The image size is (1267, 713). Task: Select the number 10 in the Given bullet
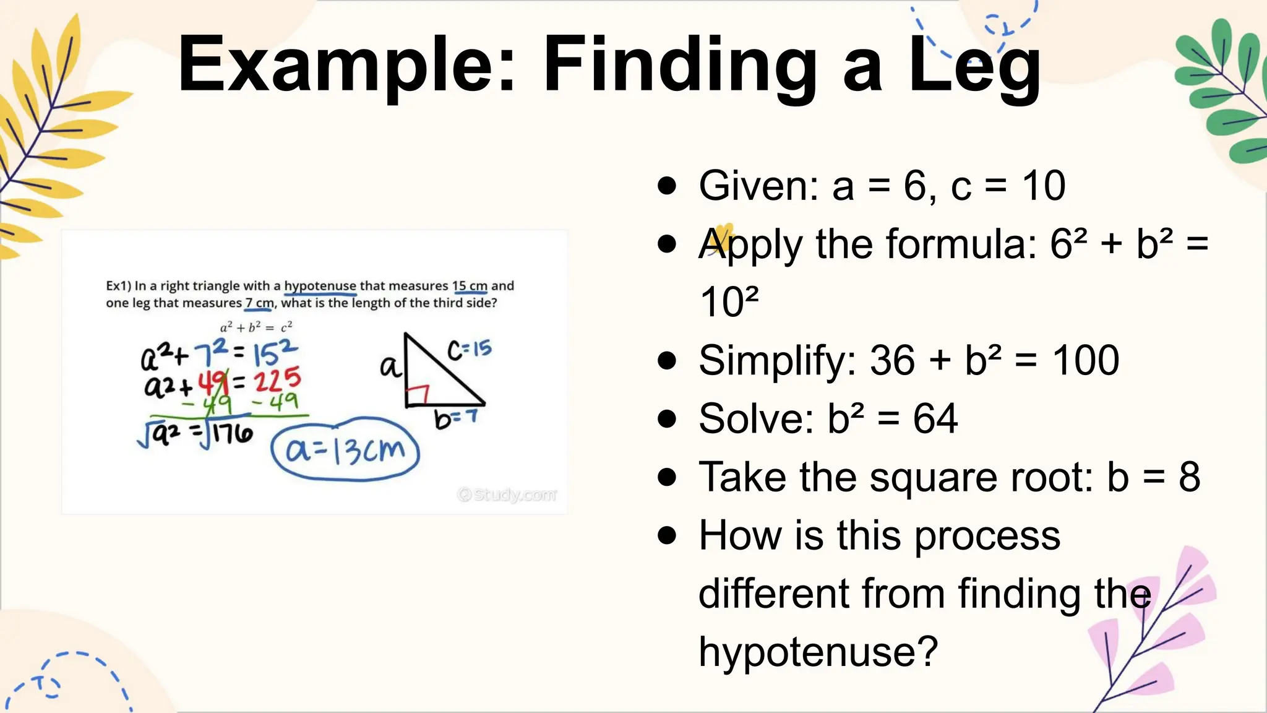[1044, 185]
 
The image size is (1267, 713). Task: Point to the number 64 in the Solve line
[935, 419]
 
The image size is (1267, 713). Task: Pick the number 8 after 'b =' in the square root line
[1189, 477]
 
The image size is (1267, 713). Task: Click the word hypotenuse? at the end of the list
[818, 652]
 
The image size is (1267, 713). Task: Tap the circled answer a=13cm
[345, 451]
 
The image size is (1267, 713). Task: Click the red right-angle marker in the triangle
[418, 394]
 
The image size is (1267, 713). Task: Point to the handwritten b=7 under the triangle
[456, 418]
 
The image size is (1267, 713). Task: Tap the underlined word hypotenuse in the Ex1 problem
[320, 286]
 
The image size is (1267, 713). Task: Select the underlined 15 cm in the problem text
[470, 286]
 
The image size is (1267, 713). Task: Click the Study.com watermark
[507, 495]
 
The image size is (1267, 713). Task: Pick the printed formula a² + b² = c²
[256, 327]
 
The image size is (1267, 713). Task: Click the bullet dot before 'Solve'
[667, 419]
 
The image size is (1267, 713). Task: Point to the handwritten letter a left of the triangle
[390, 366]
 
